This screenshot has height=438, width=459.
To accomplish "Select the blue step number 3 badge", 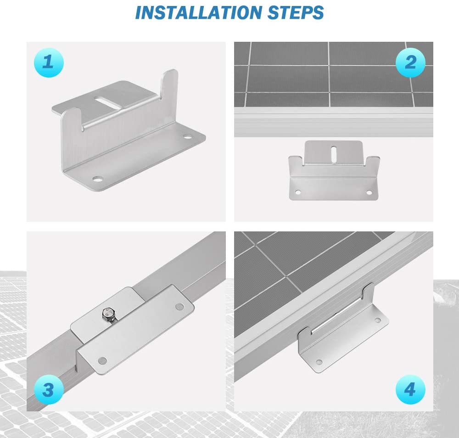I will pyautogui.click(x=48, y=390).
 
